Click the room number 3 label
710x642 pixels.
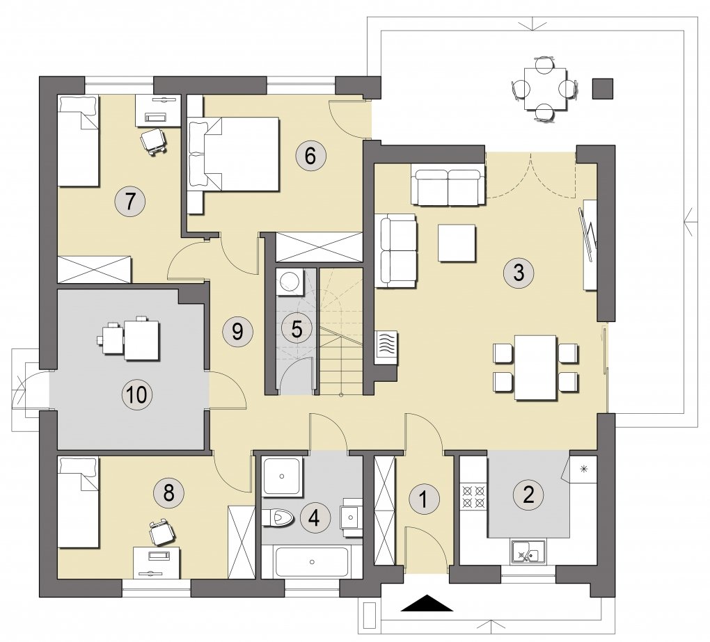[x=519, y=273]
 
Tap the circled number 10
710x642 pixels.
[x=136, y=394]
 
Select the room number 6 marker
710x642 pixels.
[x=310, y=156]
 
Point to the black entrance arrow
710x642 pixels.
[x=427, y=603]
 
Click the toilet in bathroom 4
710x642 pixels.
[x=278, y=517]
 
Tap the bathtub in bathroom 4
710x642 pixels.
[x=312, y=562]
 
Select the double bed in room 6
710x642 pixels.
[x=233, y=154]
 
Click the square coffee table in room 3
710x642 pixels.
[x=457, y=243]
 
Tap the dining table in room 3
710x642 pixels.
[x=536, y=367]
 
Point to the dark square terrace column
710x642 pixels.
[x=603, y=88]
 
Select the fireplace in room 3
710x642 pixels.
[x=386, y=346]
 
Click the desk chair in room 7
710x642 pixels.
[x=153, y=141]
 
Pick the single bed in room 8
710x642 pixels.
[x=79, y=502]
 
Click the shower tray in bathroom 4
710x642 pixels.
[x=282, y=476]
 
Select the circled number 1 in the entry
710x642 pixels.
[x=424, y=499]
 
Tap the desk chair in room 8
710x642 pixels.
[x=161, y=532]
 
